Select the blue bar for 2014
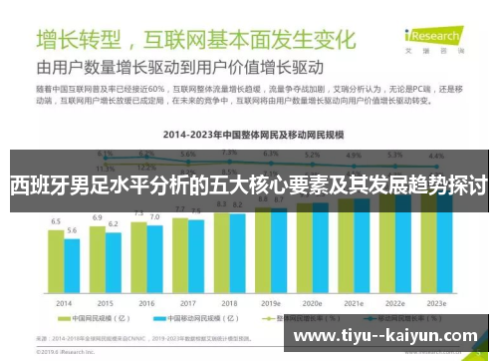pyautogui.click(x=72, y=266)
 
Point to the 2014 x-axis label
pyautogui.click(x=64, y=302)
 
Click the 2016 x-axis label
pyautogui.click(x=146, y=302)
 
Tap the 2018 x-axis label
pyautogui.click(x=229, y=302)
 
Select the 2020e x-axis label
pyautogui.click(x=312, y=302)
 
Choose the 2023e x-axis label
pyautogui.click(x=435, y=302)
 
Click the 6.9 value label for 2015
pyautogui.click(x=98, y=217)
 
